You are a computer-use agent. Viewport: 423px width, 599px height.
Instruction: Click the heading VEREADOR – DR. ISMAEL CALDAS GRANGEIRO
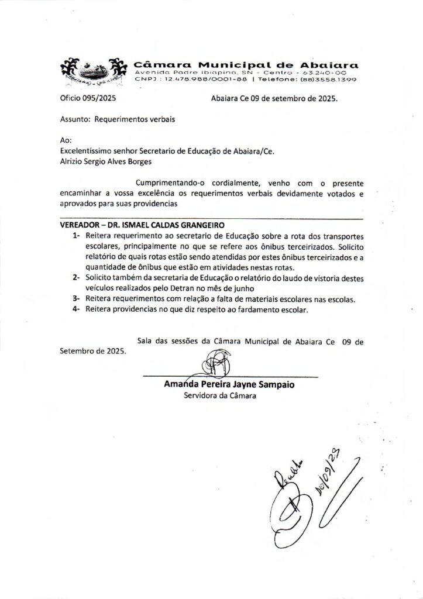(142, 225)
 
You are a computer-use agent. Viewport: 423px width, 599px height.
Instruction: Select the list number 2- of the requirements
(77, 277)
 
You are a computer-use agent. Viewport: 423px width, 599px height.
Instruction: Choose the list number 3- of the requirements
(77, 298)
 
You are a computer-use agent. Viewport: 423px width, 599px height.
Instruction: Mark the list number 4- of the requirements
(77, 309)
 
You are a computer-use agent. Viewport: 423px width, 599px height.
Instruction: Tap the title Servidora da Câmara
(220, 396)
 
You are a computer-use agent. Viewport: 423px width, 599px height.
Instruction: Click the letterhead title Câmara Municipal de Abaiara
(246, 64)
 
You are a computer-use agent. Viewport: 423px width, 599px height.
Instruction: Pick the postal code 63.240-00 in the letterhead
(324, 72)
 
